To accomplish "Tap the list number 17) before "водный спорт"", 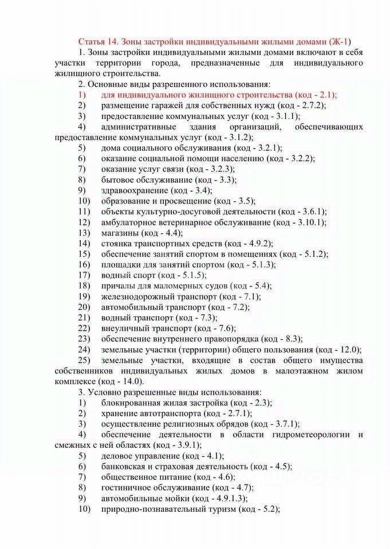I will click(x=85, y=275).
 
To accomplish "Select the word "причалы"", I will click(x=117, y=285).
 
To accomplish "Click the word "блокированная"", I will click(x=132, y=403).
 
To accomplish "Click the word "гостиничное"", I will click(x=128, y=488).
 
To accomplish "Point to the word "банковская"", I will click(x=125, y=467).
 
